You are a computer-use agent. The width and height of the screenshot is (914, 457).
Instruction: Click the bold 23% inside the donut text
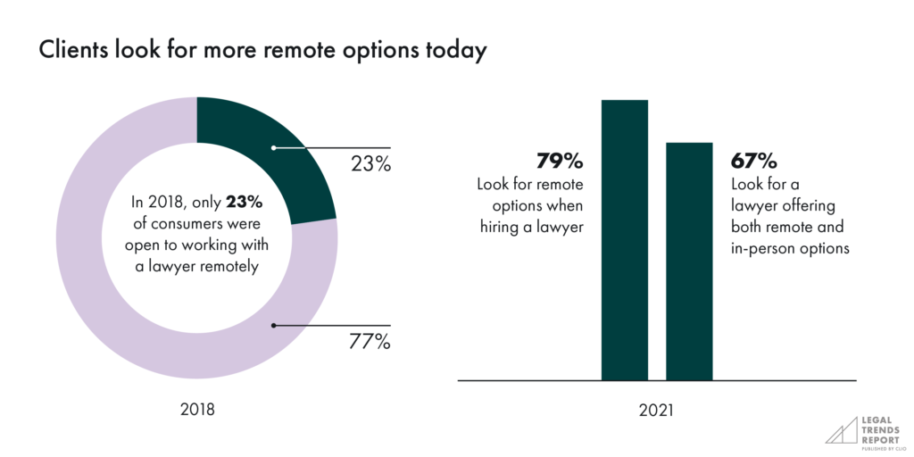click(x=244, y=201)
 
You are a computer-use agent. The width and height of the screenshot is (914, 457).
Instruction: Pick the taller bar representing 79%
click(x=625, y=241)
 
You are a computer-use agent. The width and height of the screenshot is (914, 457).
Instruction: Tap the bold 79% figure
click(x=560, y=162)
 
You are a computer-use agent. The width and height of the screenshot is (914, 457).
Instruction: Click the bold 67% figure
click(x=753, y=162)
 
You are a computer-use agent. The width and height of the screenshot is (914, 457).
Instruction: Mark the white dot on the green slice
click(x=273, y=147)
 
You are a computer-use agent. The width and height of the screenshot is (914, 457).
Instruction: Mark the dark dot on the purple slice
click(x=273, y=325)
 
